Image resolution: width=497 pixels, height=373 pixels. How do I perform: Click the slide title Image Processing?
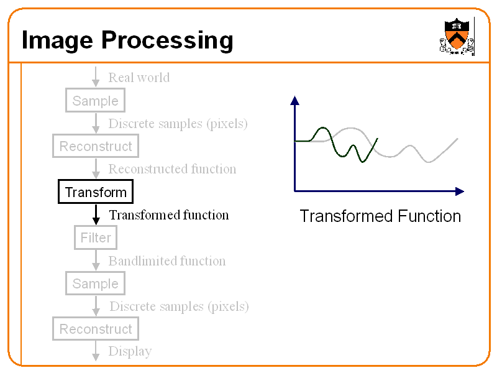coord(127,40)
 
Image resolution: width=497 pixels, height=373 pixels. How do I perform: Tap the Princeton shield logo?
coord(457,36)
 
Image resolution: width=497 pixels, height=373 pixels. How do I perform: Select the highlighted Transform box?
coord(96,192)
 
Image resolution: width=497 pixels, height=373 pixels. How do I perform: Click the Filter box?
coord(96,237)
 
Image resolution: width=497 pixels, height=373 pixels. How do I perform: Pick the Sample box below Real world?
coord(95,101)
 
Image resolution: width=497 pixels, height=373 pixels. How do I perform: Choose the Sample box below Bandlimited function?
coord(95,283)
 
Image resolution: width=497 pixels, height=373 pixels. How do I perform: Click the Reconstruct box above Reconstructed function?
coord(96,147)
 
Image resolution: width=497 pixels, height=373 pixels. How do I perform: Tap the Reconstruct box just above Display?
coord(96,329)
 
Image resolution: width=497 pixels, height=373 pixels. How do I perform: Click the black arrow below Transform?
coord(96,214)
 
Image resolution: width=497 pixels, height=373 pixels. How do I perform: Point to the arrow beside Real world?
coord(96,77)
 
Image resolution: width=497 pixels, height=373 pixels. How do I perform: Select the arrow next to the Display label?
coord(96,351)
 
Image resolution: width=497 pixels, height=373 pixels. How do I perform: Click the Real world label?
coord(139,78)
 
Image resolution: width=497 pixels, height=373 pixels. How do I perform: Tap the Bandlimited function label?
coord(167,261)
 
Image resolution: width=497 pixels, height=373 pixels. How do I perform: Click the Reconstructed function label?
coord(172,169)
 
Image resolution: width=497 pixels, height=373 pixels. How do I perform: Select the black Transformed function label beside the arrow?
coord(169,215)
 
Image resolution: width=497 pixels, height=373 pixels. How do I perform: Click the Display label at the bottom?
coord(130,351)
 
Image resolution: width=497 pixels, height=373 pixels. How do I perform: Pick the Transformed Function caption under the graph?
coord(380,216)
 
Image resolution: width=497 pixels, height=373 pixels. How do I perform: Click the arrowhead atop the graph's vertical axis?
coord(294,100)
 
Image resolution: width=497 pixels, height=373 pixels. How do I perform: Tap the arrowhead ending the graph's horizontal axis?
coord(459,191)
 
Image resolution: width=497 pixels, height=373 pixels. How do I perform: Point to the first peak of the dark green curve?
coord(322,128)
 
